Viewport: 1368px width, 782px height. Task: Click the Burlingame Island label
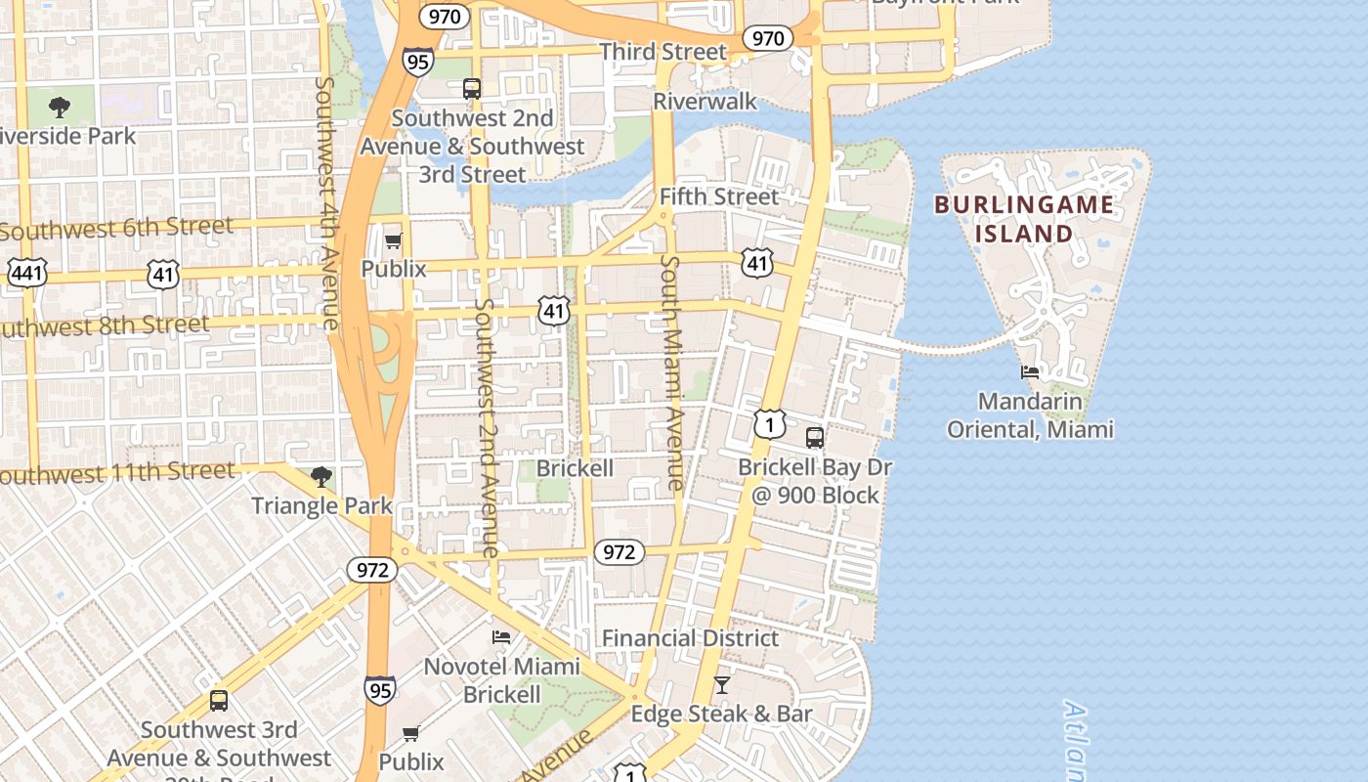[x=1023, y=219]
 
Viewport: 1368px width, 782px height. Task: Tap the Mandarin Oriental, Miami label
[x=1030, y=415]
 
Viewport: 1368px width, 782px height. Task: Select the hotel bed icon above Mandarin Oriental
[x=1030, y=371]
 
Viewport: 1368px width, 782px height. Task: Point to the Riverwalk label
[x=705, y=101]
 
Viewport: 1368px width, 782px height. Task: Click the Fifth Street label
[x=719, y=196]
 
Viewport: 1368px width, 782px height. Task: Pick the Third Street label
[x=663, y=51]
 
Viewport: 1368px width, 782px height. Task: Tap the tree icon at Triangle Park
[x=321, y=477]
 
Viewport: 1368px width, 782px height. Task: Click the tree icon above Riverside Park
[x=60, y=107]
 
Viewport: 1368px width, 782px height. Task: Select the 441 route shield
[x=26, y=273]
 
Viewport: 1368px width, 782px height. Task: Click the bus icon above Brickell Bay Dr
[x=814, y=437]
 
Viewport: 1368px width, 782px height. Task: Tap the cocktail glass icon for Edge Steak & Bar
[x=721, y=685]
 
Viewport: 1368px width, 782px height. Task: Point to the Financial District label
[x=690, y=638]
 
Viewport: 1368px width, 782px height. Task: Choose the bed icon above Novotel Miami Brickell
[x=501, y=637]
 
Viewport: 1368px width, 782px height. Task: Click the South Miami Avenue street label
[x=672, y=372]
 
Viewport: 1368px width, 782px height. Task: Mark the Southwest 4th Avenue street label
[x=327, y=203]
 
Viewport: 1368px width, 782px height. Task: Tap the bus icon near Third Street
[x=472, y=89]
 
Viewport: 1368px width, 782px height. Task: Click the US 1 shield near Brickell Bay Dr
[x=770, y=424]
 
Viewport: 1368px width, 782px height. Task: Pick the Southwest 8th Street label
[x=103, y=326]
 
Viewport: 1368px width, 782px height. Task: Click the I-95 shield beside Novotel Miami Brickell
[x=380, y=689]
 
